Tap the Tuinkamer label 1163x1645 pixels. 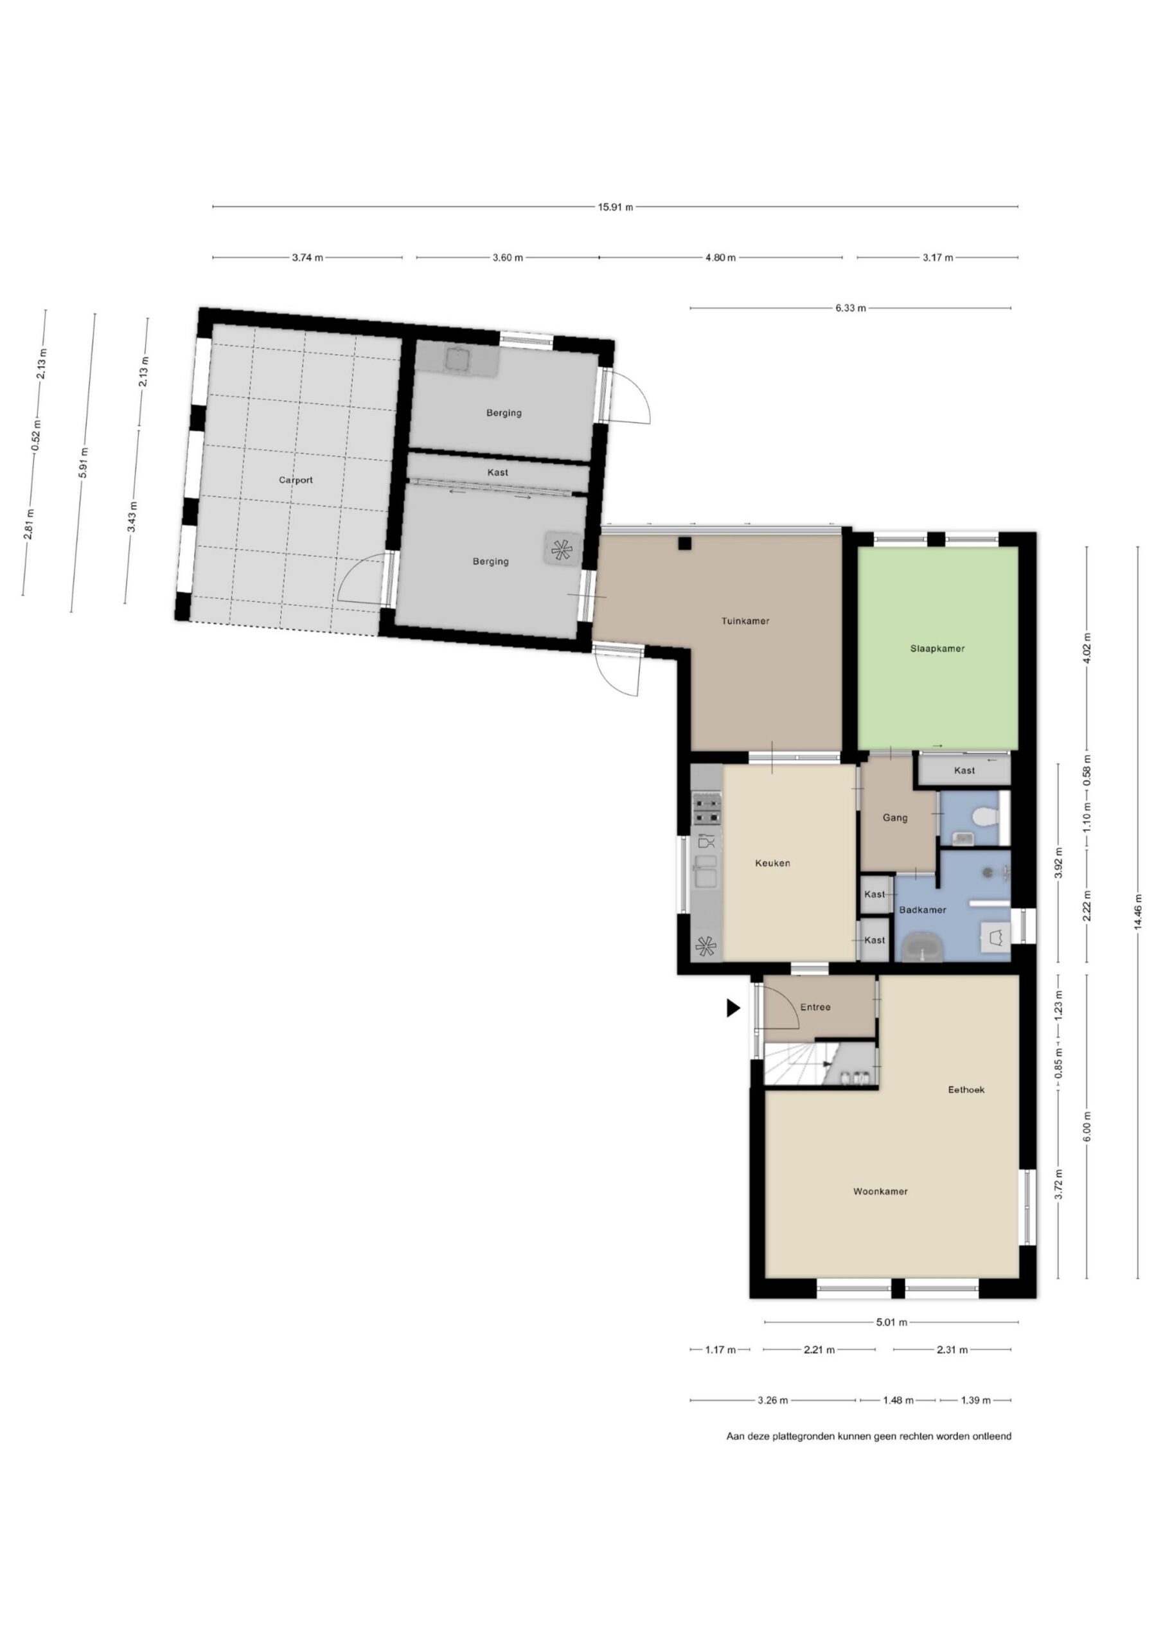point(745,621)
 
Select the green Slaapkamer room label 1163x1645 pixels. point(937,648)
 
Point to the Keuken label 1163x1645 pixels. point(772,864)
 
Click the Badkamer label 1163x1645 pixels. point(922,910)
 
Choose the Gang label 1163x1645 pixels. point(895,817)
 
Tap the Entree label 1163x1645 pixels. point(815,1008)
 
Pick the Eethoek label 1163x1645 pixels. point(966,1090)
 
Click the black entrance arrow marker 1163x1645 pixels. point(732,1008)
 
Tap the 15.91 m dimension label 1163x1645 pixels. point(616,207)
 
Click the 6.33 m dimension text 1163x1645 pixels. point(850,308)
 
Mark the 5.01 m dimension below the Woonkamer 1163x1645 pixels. point(891,1322)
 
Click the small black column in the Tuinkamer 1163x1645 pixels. point(685,543)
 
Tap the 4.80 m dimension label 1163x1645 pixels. point(720,257)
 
